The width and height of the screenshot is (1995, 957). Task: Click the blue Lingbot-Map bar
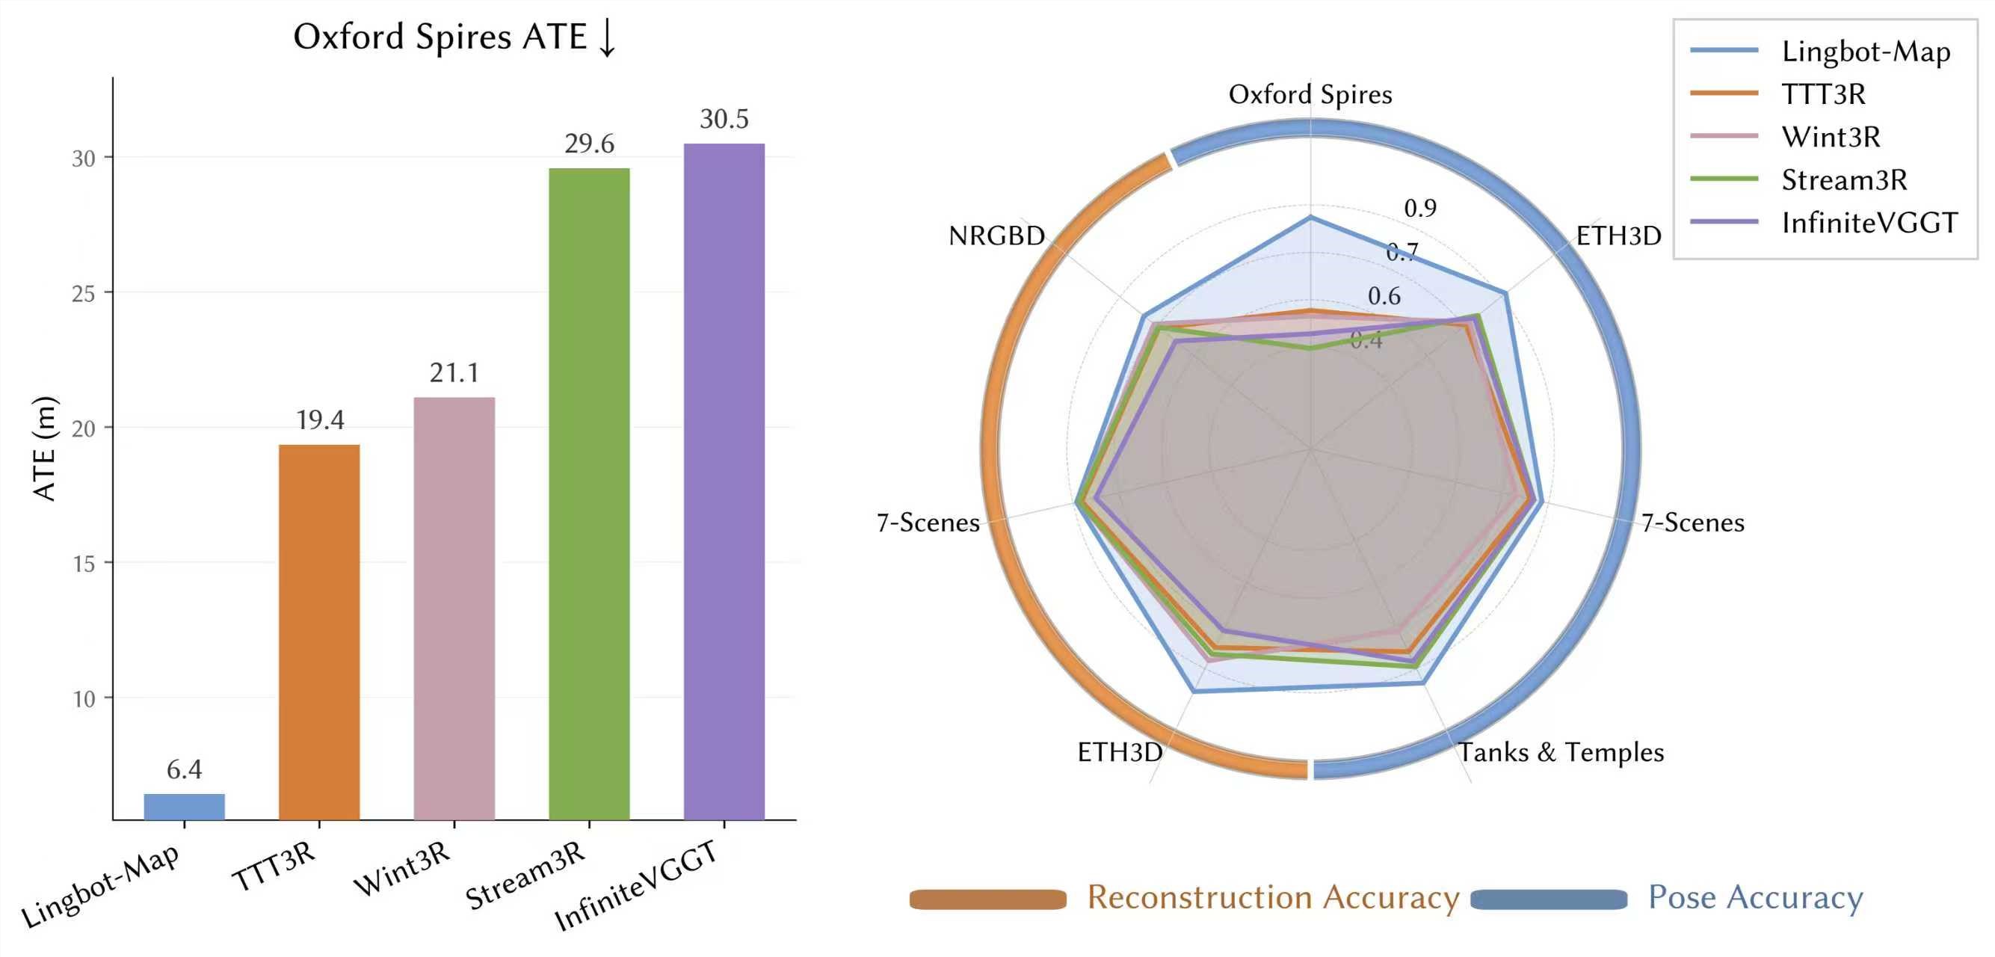(185, 806)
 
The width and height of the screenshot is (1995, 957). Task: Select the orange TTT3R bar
(319, 632)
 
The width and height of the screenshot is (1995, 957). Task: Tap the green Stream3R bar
(588, 493)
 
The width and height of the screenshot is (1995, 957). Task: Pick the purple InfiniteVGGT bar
(724, 481)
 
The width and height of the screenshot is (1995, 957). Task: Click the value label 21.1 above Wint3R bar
(454, 373)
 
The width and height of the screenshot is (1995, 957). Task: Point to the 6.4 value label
(185, 769)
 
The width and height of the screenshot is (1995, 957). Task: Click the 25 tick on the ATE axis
(84, 294)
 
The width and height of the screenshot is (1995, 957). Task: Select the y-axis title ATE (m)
(45, 448)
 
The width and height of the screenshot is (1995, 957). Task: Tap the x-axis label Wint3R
(402, 868)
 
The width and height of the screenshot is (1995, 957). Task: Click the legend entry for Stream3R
(1843, 179)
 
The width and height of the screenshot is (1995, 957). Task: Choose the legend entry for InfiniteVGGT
(1868, 222)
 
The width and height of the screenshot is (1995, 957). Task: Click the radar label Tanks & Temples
(1561, 751)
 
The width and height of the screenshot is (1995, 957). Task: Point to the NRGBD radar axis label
(996, 236)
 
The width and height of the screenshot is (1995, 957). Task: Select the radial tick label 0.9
(1419, 208)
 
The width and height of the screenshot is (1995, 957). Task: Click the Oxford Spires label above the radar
(1310, 94)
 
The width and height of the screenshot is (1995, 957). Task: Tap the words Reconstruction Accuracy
(1272, 897)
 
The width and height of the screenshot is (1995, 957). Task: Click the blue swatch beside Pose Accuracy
(1548, 899)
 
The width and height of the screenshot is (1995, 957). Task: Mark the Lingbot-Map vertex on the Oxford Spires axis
(1310, 217)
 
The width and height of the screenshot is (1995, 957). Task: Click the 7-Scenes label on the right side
(1692, 523)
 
